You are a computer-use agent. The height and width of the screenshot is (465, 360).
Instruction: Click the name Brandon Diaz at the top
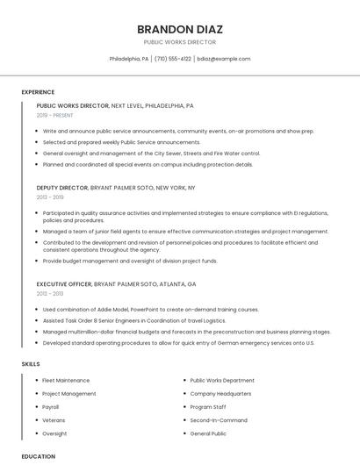(x=180, y=25)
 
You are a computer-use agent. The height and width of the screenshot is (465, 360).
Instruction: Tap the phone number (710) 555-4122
(x=173, y=59)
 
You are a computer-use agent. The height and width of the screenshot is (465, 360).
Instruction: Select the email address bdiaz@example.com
(x=224, y=59)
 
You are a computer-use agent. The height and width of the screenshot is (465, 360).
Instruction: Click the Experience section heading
(x=38, y=92)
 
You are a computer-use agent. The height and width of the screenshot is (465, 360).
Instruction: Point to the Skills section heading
(x=31, y=363)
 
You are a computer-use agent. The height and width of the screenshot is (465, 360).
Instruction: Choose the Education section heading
(x=39, y=456)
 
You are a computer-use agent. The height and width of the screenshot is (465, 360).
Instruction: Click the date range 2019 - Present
(x=55, y=115)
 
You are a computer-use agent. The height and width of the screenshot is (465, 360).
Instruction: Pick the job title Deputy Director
(x=62, y=188)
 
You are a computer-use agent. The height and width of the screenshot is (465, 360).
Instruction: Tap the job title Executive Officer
(x=64, y=284)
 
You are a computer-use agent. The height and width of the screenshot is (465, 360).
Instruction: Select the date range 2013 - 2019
(x=50, y=197)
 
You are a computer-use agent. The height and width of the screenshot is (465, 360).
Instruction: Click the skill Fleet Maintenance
(x=66, y=381)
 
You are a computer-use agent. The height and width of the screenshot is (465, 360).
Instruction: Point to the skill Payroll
(x=51, y=407)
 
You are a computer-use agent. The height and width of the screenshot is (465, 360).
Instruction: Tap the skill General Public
(x=208, y=433)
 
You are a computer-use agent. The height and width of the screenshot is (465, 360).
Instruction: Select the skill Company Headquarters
(x=220, y=394)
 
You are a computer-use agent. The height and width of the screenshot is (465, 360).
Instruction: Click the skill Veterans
(x=54, y=420)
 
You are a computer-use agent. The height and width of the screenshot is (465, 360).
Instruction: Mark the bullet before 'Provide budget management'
(x=38, y=261)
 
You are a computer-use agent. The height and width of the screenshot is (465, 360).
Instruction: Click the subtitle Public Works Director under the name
(x=180, y=42)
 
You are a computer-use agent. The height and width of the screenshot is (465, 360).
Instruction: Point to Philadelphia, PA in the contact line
(x=129, y=59)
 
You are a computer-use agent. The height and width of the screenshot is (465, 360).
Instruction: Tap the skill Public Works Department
(x=222, y=381)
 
